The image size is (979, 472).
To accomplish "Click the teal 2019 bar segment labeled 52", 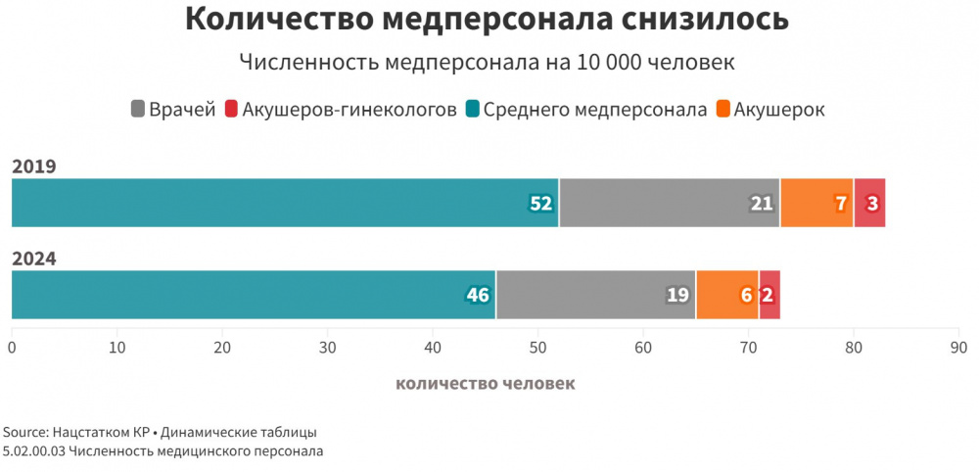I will point(284,203).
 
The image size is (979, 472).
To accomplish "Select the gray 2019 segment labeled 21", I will point(669,203).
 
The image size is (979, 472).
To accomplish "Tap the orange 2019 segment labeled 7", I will point(817,203).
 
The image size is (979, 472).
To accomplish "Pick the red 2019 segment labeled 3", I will point(869,203).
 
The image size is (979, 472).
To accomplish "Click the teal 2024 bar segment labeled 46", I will point(253,295).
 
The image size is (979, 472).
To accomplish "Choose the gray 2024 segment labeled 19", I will point(595,295).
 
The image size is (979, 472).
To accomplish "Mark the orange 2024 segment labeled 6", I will point(726,295).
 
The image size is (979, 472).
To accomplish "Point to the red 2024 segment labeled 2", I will point(769,295).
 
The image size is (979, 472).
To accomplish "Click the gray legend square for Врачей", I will point(137,110).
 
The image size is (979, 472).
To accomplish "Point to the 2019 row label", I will point(33,166).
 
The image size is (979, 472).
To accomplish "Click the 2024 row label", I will point(33,259).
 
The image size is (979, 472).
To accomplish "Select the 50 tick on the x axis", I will point(537,348).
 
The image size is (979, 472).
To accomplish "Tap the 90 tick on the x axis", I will point(958,348).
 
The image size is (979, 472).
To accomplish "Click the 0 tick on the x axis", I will point(12,348).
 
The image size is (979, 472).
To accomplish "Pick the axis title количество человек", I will point(485,383).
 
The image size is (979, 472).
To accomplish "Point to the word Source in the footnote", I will point(23,432).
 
